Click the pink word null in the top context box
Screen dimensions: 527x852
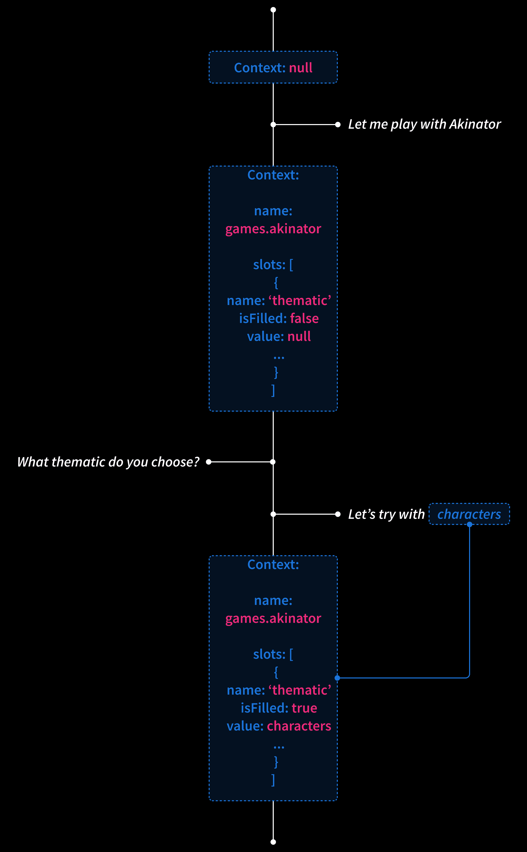click(x=300, y=68)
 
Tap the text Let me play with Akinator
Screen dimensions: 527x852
click(x=424, y=124)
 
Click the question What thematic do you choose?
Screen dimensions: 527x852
click(x=108, y=462)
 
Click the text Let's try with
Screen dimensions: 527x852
click(x=386, y=514)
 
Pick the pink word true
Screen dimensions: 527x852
click(x=304, y=708)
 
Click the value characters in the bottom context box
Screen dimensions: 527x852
click(x=299, y=726)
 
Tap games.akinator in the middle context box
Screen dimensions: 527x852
click(x=273, y=229)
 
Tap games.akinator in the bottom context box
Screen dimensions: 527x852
click(x=273, y=618)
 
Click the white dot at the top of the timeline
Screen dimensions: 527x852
click(x=273, y=10)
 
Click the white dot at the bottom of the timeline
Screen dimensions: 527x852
click(x=273, y=842)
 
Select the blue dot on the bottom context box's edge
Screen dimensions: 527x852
click(x=337, y=678)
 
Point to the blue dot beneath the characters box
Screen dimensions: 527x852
click(x=470, y=524)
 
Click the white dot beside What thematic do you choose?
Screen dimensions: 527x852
click(x=209, y=462)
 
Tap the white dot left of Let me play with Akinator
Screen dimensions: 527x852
click(x=338, y=124)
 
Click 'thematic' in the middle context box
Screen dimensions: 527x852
click(x=300, y=300)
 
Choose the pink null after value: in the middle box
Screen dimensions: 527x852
click(x=299, y=337)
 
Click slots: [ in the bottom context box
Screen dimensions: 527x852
click(x=273, y=654)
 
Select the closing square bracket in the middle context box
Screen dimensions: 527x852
click(x=273, y=391)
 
